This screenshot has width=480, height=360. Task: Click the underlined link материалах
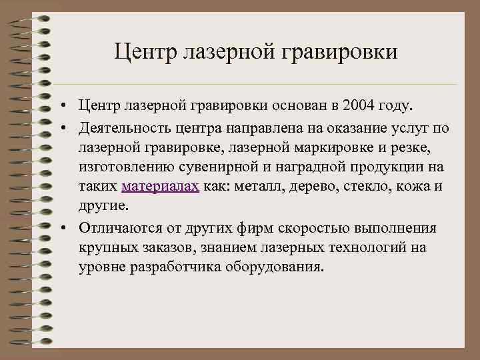(x=160, y=187)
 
